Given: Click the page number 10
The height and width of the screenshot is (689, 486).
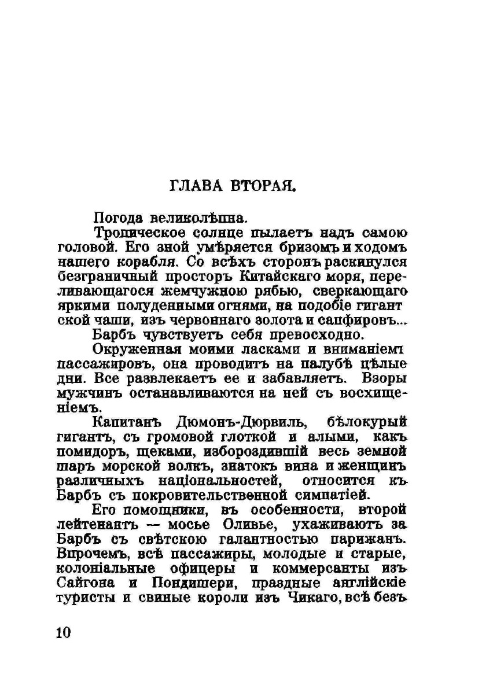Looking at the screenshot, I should click(64, 632).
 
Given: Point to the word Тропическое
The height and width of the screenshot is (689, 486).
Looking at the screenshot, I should click(139, 233).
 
